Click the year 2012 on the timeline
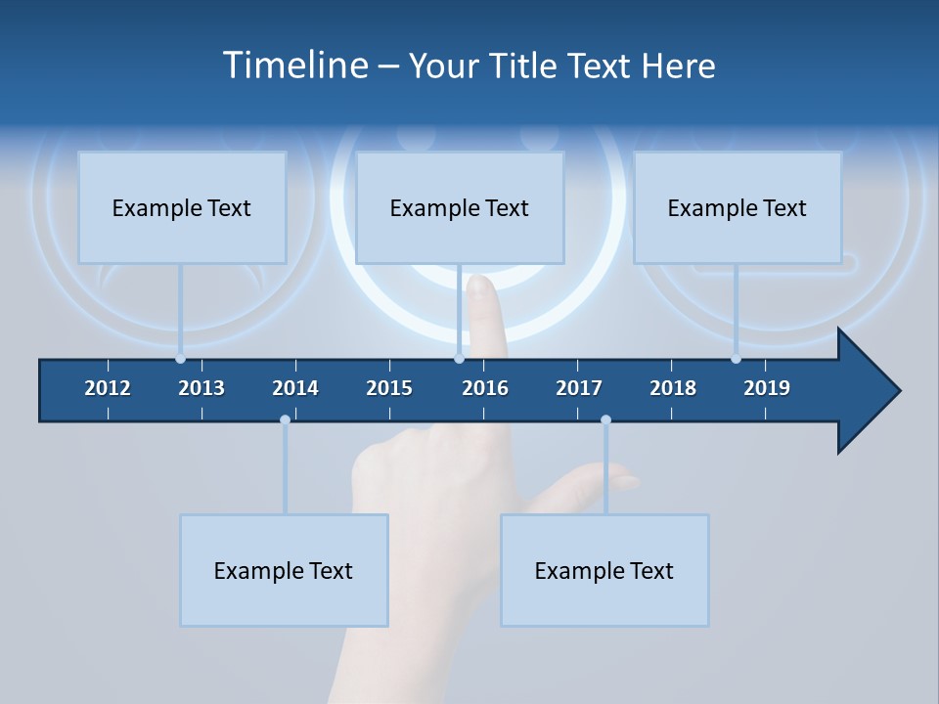[108, 388]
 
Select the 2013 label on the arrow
[201, 388]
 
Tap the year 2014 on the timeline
[295, 388]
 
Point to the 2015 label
[389, 388]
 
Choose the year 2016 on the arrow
[485, 388]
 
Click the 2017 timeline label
[579, 388]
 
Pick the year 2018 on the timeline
[673, 388]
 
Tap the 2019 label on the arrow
[767, 388]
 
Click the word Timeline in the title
[293, 66]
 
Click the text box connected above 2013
[182, 207]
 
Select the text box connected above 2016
[460, 207]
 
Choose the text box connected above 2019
[738, 207]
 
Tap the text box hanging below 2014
[284, 570]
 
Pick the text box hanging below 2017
[604, 570]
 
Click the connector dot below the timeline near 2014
[285, 420]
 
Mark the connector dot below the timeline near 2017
[605, 420]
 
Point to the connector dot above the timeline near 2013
[180, 358]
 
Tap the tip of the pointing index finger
[479, 283]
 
